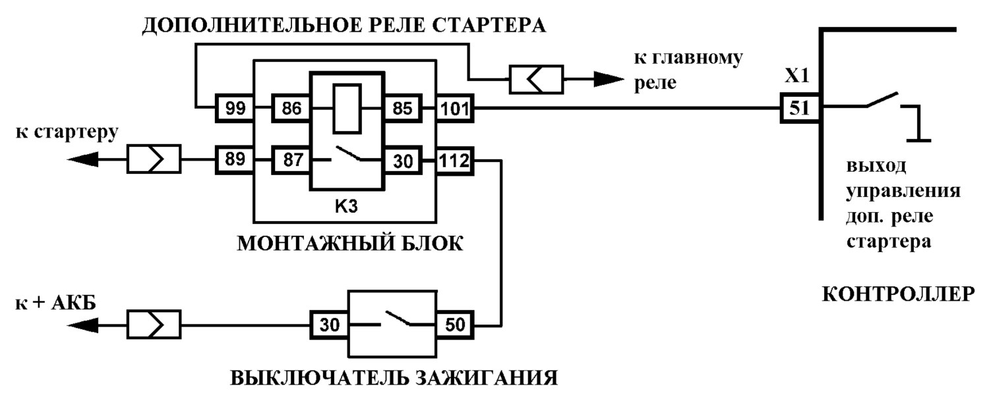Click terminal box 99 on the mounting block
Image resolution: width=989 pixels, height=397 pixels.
[x=235, y=108]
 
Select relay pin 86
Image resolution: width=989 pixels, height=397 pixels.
[x=291, y=108]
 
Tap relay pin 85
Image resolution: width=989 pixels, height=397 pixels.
[x=402, y=108]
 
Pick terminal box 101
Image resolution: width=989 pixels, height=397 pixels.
[x=455, y=108]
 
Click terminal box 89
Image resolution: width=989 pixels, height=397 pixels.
[x=235, y=159]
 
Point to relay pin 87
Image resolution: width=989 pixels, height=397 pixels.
[x=291, y=160]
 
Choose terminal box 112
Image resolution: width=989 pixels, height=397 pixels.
[x=455, y=161]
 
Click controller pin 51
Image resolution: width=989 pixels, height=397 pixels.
[x=800, y=107]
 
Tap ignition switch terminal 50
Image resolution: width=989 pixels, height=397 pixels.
[x=455, y=325]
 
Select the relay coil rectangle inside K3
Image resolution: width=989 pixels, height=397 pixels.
[x=347, y=108]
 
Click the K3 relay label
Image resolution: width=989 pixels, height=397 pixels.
[x=346, y=206]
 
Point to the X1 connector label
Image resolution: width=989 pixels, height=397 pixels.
[x=797, y=76]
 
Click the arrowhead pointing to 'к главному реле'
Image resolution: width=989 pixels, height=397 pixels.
[x=609, y=80]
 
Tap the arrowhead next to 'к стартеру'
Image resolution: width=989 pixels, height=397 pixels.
[x=82, y=159]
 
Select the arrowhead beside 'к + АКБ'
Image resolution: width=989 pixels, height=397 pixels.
[x=82, y=326]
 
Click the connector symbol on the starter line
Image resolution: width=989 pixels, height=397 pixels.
[x=154, y=159]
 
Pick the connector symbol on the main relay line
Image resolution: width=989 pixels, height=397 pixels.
[x=537, y=80]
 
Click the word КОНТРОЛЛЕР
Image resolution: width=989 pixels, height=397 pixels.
[x=898, y=294]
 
